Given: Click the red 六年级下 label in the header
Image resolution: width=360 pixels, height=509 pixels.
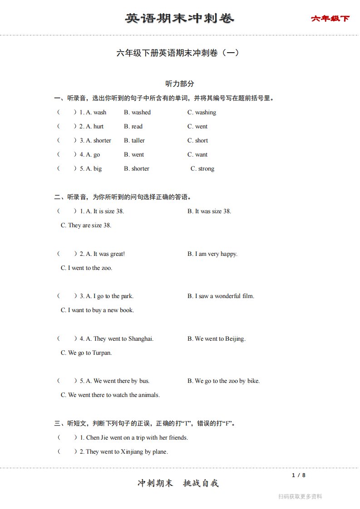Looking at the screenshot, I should pyautogui.click(x=330, y=19).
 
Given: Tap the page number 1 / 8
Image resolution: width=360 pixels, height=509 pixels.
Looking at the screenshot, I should pyautogui.click(x=299, y=475).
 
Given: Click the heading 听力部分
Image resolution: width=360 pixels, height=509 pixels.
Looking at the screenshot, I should pyautogui.click(x=180, y=83).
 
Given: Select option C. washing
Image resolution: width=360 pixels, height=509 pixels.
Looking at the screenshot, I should pyautogui.click(x=202, y=113).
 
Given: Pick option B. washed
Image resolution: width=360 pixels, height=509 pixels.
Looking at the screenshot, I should pyautogui.click(x=137, y=113).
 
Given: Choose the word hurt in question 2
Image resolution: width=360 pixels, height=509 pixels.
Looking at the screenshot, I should pyautogui.click(x=99, y=127).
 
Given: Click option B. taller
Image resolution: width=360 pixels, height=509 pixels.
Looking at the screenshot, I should pyautogui.click(x=134, y=141).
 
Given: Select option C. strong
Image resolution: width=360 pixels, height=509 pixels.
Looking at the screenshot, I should pyautogui.click(x=202, y=169).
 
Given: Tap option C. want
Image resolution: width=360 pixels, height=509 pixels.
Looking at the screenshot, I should pyautogui.click(x=197, y=155).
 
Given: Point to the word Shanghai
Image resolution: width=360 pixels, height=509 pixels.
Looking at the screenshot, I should pyautogui.click(x=141, y=339).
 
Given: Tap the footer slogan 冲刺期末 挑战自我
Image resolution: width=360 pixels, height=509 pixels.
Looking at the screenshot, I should pyautogui.click(x=178, y=483).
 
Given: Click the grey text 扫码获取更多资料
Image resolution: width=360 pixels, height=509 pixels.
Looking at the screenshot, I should pyautogui.click(x=300, y=497).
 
